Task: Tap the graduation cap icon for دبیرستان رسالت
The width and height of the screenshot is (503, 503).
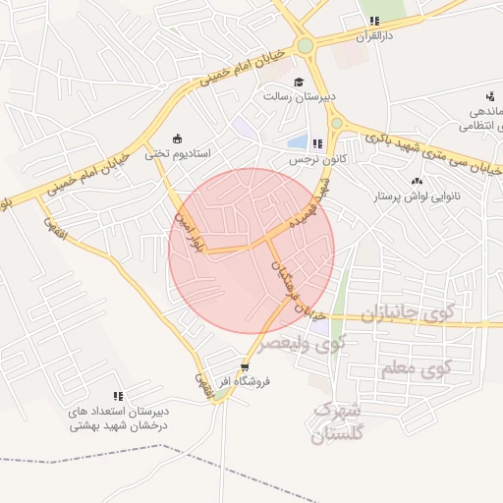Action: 299,83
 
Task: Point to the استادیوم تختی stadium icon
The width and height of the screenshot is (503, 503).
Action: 177,139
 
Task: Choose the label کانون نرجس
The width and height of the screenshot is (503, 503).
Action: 311,158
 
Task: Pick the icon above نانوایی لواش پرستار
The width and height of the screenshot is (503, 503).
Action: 417,181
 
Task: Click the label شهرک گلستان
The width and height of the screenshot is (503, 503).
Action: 337,421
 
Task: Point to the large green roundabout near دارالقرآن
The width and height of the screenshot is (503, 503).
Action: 305,45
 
